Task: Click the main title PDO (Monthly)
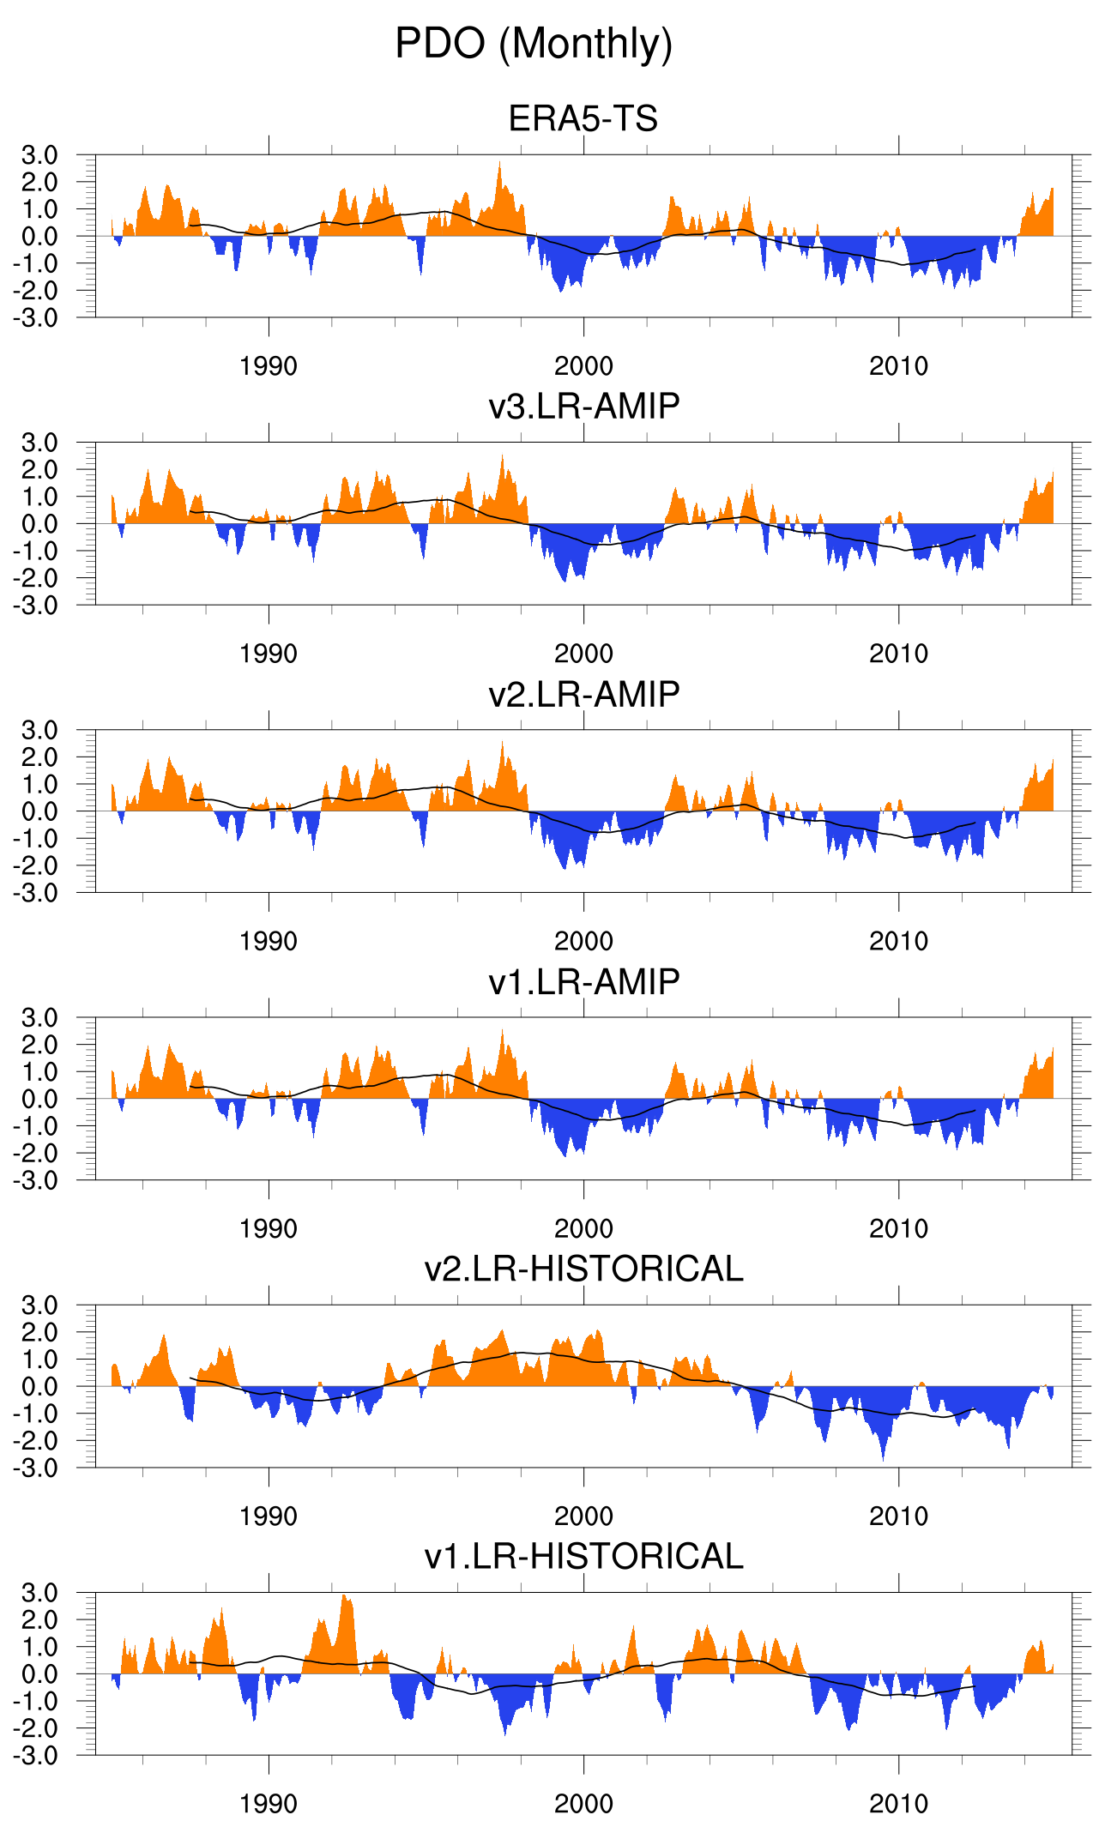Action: pyautogui.click(x=534, y=43)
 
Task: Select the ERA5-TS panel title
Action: pyautogui.click(x=583, y=118)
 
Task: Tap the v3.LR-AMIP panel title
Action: pyautogui.click(x=583, y=406)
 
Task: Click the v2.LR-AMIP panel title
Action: pyautogui.click(x=583, y=693)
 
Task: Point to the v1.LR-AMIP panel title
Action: pyautogui.click(x=583, y=981)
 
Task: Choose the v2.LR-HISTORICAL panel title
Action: pyautogui.click(x=583, y=1269)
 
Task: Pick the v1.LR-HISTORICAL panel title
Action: pyautogui.click(x=583, y=1556)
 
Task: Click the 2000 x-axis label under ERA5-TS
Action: pyautogui.click(x=583, y=366)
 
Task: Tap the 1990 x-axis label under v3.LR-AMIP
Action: pyautogui.click(x=269, y=654)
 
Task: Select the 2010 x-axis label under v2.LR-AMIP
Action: pyautogui.click(x=898, y=941)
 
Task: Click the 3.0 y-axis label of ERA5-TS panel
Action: pyautogui.click(x=39, y=155)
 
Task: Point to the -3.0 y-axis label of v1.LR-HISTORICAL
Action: pyautogui.click(x=35, y=1755)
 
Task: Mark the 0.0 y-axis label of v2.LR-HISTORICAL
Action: pyautogui.click(x=39, y=1386)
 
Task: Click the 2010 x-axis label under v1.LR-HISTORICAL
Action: pyautogui.click(x=898, y=1804)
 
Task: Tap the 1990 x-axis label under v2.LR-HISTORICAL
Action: pyautogui.click(x=269, y=1516)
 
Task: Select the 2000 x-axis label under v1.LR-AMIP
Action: pyautogui.click(x=583, y=1228)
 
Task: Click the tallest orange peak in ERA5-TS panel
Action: pyautogui.click(x=499, y=163)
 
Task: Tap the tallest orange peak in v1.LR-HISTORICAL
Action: pyautogui.click(x=344, y=1596)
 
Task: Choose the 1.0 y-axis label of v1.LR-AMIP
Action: pyautogui.click(x=39, y=1071)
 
